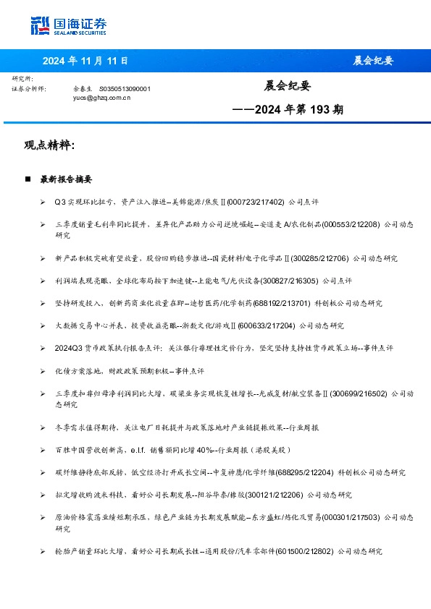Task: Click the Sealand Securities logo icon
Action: [41, 26]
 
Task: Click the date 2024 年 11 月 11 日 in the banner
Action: [85, 61]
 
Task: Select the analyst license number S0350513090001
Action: [125, 88]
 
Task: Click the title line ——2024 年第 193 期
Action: [288, 110]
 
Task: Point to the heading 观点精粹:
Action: [50, 145]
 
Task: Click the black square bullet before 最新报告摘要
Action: [27, 179]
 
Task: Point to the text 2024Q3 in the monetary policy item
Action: [68, 348]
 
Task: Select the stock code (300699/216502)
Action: [359, 394]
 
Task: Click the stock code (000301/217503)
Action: [353, 519]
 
